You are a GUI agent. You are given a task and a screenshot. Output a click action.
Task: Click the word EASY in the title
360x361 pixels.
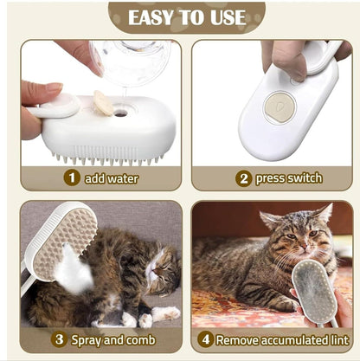tap(151, 17)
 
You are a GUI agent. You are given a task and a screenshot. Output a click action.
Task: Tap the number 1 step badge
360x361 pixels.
tap(72, 177)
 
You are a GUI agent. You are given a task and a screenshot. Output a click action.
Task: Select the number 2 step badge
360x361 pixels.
tap(243, 178)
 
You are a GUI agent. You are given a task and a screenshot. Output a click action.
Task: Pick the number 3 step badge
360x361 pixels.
tap(59, 339)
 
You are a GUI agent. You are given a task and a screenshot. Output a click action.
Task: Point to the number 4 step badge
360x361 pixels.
tap(206, 339)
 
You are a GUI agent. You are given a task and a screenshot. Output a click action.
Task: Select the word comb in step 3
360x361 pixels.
tap(141, 340)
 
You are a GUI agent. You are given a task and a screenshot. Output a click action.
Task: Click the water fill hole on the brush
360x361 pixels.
tap(121, 113)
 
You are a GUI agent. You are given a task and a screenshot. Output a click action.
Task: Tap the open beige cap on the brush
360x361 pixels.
tap(103, 103)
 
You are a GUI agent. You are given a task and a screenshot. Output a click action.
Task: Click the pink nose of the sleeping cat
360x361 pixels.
tap(157, 271)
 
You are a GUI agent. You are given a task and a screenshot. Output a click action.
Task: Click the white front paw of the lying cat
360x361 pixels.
tap(165, 313)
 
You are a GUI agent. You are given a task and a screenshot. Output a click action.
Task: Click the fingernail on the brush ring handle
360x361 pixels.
tap(54, 87)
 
